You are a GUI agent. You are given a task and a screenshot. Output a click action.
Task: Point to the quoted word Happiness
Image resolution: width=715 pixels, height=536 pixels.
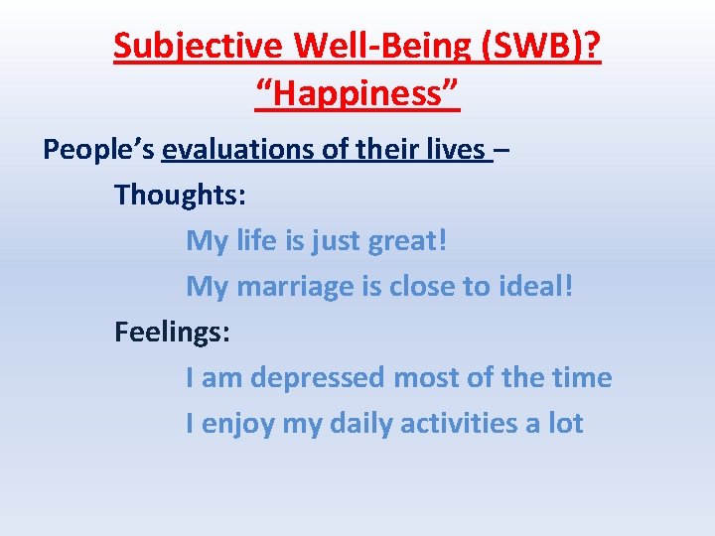click(357, 96)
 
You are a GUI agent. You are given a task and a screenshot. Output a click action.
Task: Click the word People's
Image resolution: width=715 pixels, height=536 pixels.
click(98, 150)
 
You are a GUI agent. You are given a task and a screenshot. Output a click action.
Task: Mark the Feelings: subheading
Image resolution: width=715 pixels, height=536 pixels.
click(172, 332)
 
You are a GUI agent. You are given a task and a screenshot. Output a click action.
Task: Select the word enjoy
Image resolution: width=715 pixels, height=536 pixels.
click(238, 424)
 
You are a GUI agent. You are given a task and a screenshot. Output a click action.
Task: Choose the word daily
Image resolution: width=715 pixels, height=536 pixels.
click(361, 424)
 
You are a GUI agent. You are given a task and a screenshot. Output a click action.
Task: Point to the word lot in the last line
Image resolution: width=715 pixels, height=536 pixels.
click(566, 424)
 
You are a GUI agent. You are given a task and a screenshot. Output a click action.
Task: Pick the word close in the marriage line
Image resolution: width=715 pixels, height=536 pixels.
click(423, 287)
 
